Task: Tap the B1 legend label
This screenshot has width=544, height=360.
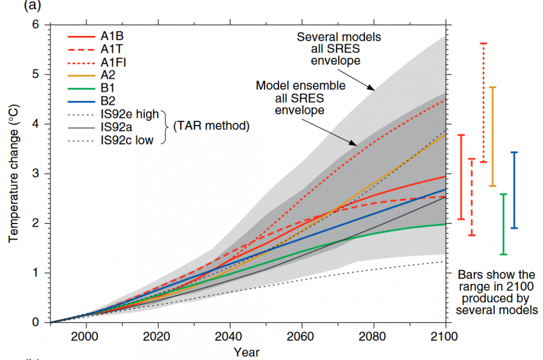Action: (107, 86)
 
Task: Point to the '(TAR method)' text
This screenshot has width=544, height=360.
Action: (211, 127)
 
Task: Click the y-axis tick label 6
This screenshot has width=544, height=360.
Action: (36, 24)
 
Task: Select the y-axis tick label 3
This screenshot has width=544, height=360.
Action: (36, 173)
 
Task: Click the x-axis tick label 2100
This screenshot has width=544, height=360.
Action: (445, 336)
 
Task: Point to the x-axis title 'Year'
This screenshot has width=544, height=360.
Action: (246, 352)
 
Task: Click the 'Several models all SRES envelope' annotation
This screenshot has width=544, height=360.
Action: (338, 49)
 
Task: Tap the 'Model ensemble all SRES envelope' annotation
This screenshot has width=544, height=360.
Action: (300, 98)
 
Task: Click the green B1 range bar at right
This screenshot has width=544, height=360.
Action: (504, 224)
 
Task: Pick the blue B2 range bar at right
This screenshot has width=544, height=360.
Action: (515, 190)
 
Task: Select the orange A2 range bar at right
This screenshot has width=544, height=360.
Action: (493, 136)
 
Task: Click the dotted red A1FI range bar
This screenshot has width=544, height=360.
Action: (483, 102)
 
